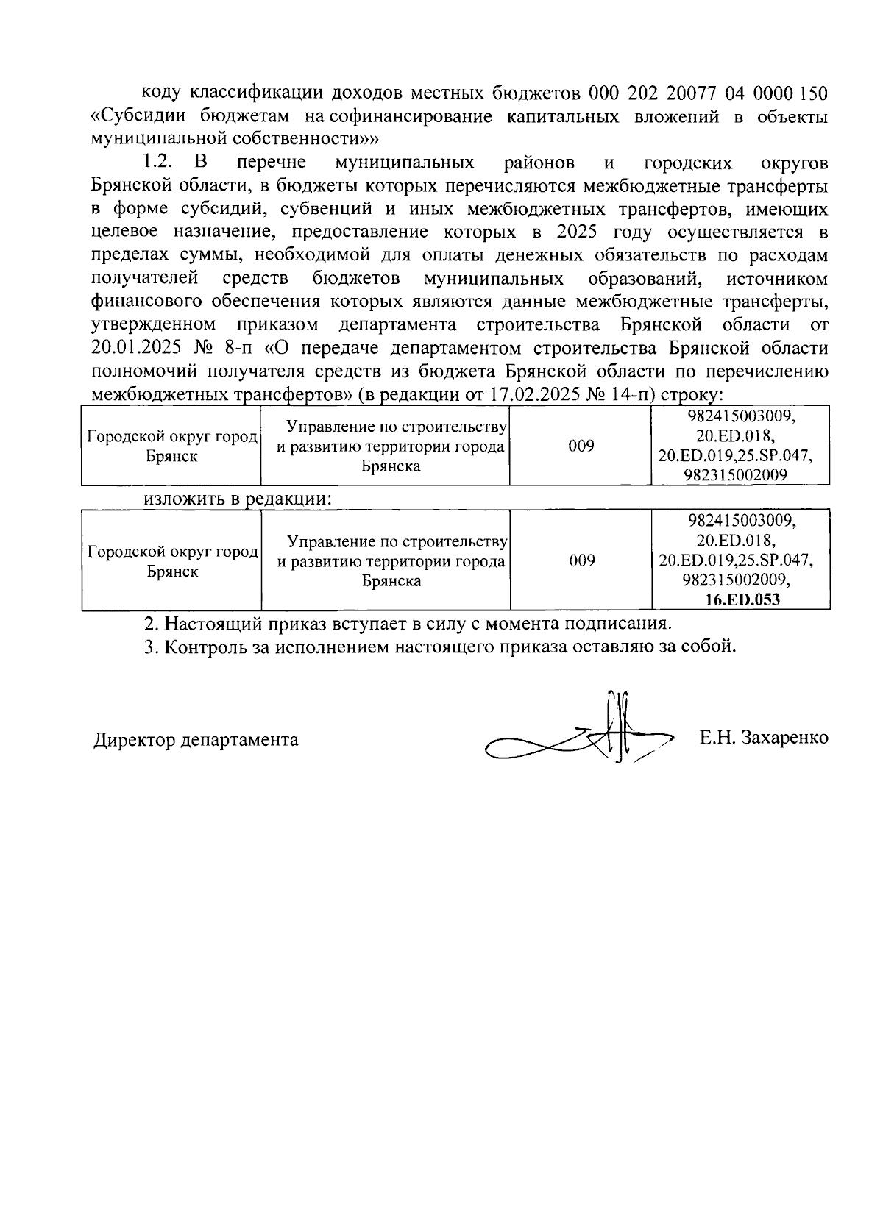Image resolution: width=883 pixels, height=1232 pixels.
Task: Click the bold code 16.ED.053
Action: pos(741,599)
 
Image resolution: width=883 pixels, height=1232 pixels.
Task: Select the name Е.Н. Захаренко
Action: pos(764,738)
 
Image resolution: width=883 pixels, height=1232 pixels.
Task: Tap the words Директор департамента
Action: pos(196,739)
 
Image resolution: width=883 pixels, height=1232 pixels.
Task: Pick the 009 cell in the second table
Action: pos(581,561)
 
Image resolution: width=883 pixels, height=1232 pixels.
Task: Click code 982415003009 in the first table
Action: pos(741,416)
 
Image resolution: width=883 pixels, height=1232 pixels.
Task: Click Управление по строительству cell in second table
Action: pos(391,561)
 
